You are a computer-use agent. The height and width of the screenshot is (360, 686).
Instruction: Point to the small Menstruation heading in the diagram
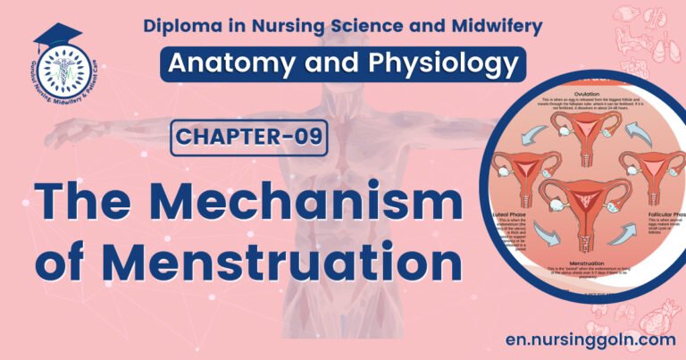coord(583,264)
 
